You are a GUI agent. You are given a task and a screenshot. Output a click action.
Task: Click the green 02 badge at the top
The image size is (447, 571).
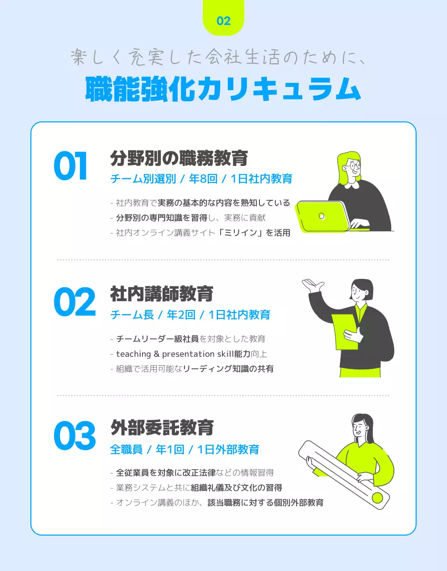click(223, 20)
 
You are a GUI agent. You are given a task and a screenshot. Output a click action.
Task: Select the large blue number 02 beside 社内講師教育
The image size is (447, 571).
click(75, 302)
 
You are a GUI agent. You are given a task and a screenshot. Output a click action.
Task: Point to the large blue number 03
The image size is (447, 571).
click(75, 436)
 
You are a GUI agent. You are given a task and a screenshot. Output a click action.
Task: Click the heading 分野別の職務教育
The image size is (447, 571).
click(179, 158)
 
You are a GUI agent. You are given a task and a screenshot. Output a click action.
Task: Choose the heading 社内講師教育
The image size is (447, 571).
click(162, 294)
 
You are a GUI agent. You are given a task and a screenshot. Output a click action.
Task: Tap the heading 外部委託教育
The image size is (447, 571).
click(162, 428)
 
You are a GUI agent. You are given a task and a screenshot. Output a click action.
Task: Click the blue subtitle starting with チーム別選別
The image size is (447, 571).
click(201, 179)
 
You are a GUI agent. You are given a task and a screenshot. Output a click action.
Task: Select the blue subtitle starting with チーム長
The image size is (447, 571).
click(190, 315)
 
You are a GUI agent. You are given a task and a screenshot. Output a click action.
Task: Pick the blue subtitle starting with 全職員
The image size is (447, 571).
click(184, 449)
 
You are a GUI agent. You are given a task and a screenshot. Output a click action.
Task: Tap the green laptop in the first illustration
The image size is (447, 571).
click(323, 216)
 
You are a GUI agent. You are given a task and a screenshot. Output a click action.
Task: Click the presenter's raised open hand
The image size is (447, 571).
click(313, 284)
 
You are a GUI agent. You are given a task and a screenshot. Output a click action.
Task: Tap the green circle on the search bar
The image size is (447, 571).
click(377, 497)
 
